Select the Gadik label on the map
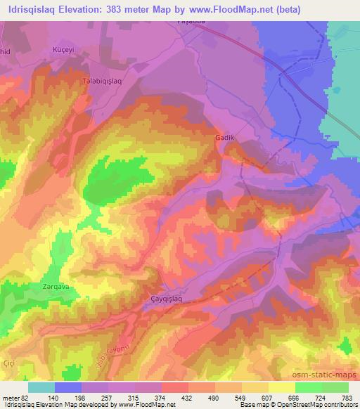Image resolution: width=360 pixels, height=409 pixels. (x=224, y=138)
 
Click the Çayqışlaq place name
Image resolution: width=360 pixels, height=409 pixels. (x=166, y=299)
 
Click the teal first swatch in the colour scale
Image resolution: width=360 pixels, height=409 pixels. (x=41, y=387)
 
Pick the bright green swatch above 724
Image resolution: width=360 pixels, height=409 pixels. (x=309, y=387)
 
